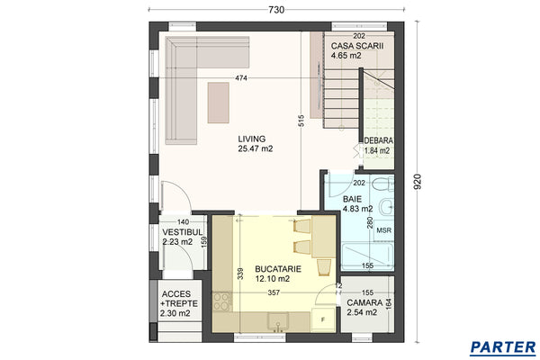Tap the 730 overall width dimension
coord(276,10)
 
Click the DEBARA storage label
coord(378,140)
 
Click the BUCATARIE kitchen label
coord(278,268)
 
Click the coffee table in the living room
coord(218,101)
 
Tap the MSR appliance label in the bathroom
coord(382,230)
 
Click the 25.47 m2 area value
coord(255,148)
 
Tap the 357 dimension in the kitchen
coord(274,292)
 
